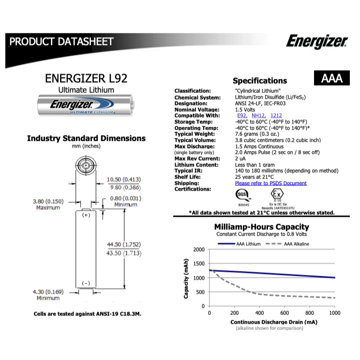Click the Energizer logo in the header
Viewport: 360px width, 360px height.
point(316,41)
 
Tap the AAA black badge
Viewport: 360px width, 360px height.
point(331,78)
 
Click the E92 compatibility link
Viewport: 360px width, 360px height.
point(241,116)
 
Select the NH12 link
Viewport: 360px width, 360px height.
point(258,116)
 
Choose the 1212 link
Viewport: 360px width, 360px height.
point(276,116)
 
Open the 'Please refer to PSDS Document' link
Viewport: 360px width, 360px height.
point(270,183)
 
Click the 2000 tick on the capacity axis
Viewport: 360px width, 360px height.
point(199,250)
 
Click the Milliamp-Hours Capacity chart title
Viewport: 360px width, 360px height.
point(261,227)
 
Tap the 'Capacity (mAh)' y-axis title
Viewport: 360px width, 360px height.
point(186,278)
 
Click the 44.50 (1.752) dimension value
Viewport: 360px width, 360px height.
point(124,244)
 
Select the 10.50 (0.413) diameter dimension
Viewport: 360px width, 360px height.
point(124,180)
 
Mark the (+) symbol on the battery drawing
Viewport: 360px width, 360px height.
point(86,215)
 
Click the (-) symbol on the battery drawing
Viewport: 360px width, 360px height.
point(86,283)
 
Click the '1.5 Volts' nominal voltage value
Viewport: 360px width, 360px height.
point(244,109)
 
